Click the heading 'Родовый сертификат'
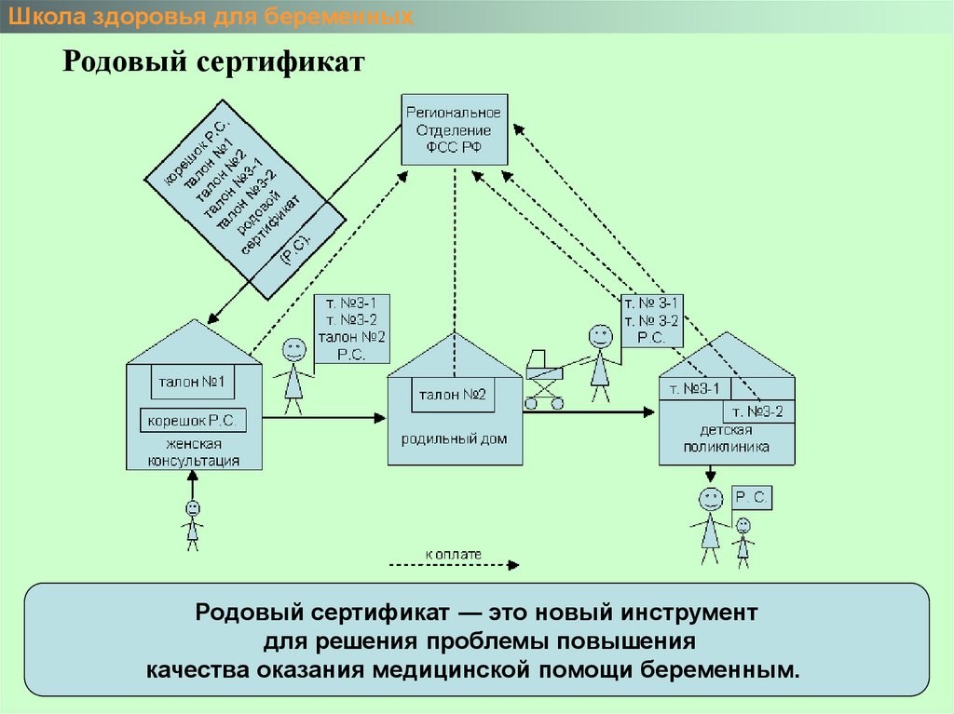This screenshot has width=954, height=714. (x=213, y=64)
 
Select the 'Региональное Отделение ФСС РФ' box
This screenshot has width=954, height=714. (x=454, y=130)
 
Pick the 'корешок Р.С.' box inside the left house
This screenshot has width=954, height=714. (x=193, y=421)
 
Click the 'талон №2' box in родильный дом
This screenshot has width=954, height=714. (x=453, y=395)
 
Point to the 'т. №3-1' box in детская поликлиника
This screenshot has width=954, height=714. (x=694, y=388)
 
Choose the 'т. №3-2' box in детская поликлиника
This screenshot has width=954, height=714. (x=757, y=411)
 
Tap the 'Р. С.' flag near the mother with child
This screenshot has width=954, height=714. (x=751, y=499)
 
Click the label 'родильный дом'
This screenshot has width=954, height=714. (x=455, y=438)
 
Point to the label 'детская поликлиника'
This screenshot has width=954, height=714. (x=727, y=438)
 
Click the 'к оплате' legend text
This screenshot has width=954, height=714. (x=454, y=554)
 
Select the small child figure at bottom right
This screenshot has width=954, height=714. (x=743, y=541)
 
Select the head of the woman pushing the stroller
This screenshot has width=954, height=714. (x=600, y=336)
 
